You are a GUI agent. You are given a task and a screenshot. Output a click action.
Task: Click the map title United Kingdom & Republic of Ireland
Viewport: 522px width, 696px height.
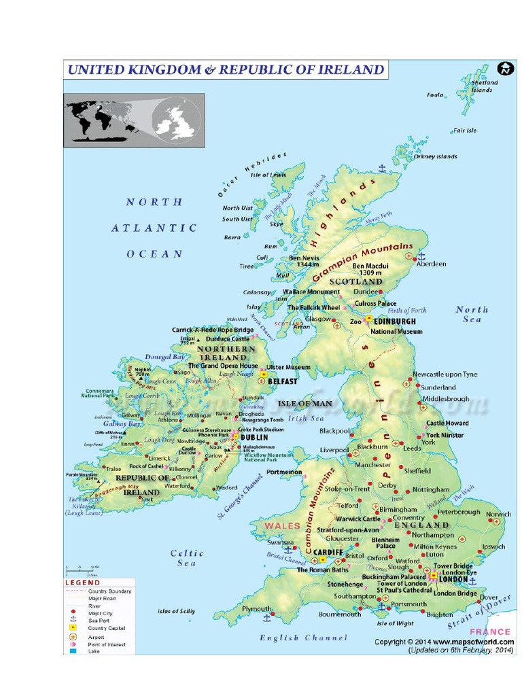tap(225, 70)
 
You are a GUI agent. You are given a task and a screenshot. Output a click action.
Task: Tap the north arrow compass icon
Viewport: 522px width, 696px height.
tap(504, 69)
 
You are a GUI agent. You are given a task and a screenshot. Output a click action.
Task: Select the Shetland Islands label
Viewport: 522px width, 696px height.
tap(484, 86)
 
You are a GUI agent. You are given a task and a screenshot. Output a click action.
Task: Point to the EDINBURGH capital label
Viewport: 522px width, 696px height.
tap(395, 321)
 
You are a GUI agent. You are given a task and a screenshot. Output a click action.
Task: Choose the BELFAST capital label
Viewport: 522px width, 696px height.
tap(283, 382)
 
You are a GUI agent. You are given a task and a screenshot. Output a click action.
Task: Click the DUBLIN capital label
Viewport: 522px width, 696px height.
tap(254, 438)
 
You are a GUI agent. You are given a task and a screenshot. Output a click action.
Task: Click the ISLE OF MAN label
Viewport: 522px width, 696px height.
tap(306, 403)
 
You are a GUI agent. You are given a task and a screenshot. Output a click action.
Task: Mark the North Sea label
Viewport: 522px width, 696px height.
tap(472, 314)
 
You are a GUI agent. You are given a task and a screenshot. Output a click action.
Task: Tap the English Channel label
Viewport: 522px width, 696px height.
tap(303, 638)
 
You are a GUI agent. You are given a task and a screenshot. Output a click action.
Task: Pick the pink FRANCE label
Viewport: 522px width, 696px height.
tap(493, 631)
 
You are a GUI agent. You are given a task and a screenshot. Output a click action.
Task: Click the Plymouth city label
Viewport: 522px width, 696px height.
tap(256, 609)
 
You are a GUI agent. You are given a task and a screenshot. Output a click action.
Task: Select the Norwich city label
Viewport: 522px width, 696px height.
tap(498, 515)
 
